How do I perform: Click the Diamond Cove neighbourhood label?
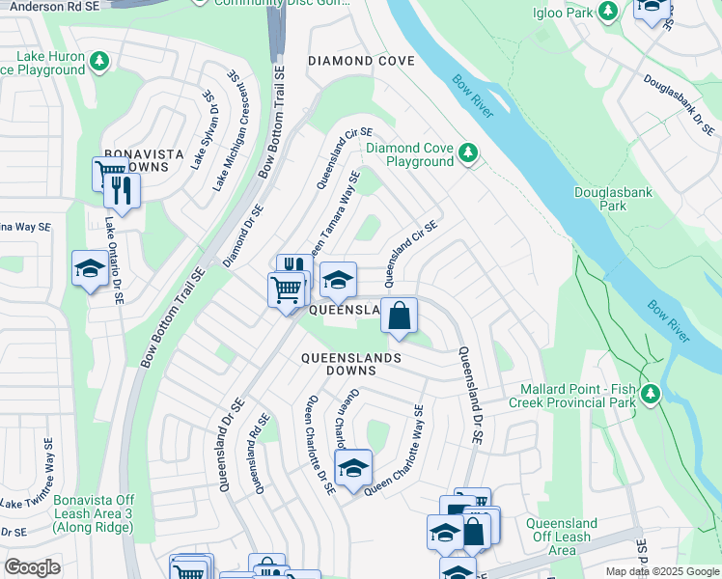pos(361,61)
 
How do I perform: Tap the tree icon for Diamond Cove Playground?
pos(468,153)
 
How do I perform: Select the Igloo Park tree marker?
pos(608,11)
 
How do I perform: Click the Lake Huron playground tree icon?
pos(98,63)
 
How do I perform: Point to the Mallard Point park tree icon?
pos(651,394)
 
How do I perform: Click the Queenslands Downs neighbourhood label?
pos(350,364)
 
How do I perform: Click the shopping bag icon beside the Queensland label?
pos(399,316)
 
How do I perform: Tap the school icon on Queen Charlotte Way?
pos(353,469)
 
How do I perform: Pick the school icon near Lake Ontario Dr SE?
pos(90,269)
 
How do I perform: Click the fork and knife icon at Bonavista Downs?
pos(123,189)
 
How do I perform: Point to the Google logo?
pos(32,567)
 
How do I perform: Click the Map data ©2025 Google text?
pos(661,571)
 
